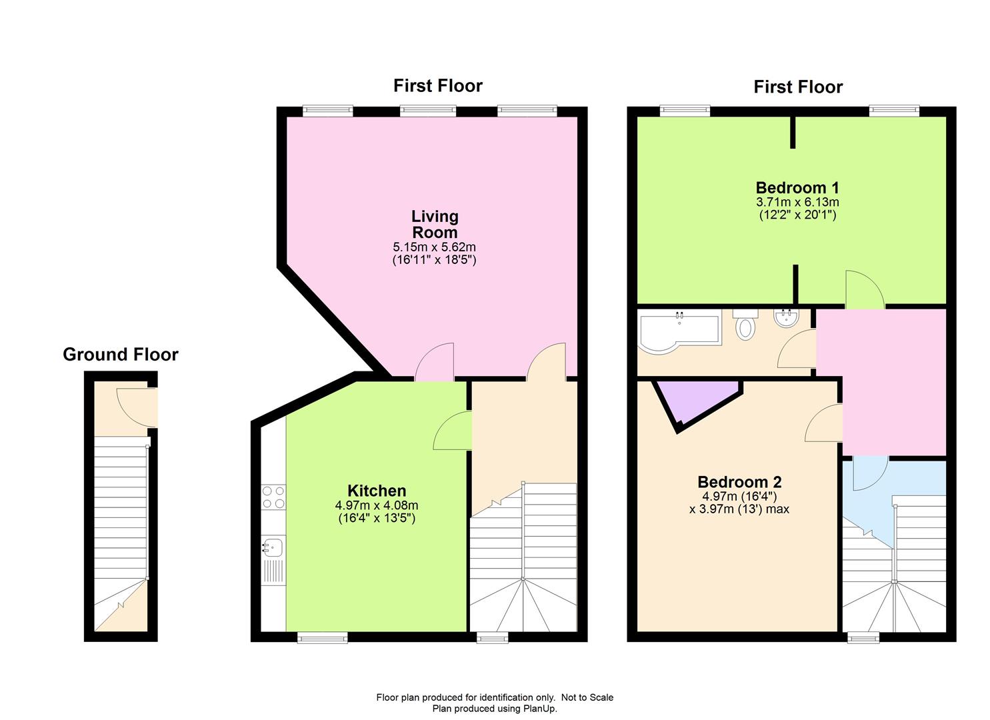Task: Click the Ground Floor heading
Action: (x=120, y=355)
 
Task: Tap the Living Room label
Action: (x=435, y=225)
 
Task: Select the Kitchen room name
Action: (x=377, y=491)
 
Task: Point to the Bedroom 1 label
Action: (x=797, y=188)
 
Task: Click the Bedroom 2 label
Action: (x=739, y=482)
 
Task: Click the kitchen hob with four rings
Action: (x=273, y=497)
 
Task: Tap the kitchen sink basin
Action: (x=273, y=547)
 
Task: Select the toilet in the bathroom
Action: (x=745, y=325)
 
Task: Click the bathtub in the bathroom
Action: (x=679, y=331)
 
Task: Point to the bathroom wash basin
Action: (x=786, y=318)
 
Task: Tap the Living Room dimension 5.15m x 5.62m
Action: (x=435, y=247)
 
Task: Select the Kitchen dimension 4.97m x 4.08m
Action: (x=377, y=505)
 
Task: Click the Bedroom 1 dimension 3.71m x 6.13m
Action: (x=797, y=203)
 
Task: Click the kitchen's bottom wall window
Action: (x=322, y=637)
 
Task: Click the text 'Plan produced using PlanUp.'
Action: (x=495, y=709)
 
